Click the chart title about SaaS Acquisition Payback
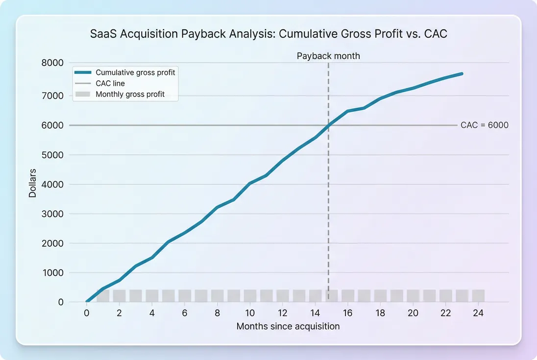point(268,34)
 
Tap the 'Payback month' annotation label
point(328,56)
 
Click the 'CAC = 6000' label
point(484,125)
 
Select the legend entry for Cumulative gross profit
point(135,72)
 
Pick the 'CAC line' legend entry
point(110,83)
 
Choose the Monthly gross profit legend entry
point(130,94)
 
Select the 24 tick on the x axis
point(478,313)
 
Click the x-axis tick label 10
point(250,313)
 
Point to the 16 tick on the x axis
point(348,313)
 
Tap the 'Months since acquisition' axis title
point(288,326)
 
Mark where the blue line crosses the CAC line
point(329,125)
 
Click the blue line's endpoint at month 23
point(462,73)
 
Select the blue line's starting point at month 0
point(87,302)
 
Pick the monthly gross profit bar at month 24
point(478,296)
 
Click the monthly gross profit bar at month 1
point(103,296)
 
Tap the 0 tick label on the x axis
point(87,313)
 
